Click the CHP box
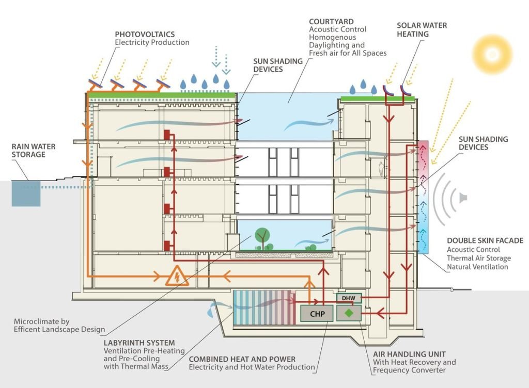click(x=317, y=313)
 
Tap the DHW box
click(x=349, y=298)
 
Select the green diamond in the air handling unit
click(x=349, y=313)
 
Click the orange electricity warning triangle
click(x=177, y=276)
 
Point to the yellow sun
click(x=492, y=53)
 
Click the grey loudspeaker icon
click(x=463, y=198)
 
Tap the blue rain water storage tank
click(x=26, y=193)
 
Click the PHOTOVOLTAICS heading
click(x=145, y=34)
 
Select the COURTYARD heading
click(x=331, y=22)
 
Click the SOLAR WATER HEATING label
click(x=422, y=29)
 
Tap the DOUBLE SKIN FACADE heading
click(x=485, y=240)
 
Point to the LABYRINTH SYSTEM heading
click(x=139, y=343)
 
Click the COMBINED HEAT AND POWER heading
click(x=242, y=359)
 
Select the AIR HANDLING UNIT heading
click(x=409, y=354)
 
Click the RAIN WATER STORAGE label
click(x=34, y=151)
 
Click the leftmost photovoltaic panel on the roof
click(x=96, y=84)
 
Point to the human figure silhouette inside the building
click(x=381, y=169)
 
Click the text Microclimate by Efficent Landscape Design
click(x=59, y=326)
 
